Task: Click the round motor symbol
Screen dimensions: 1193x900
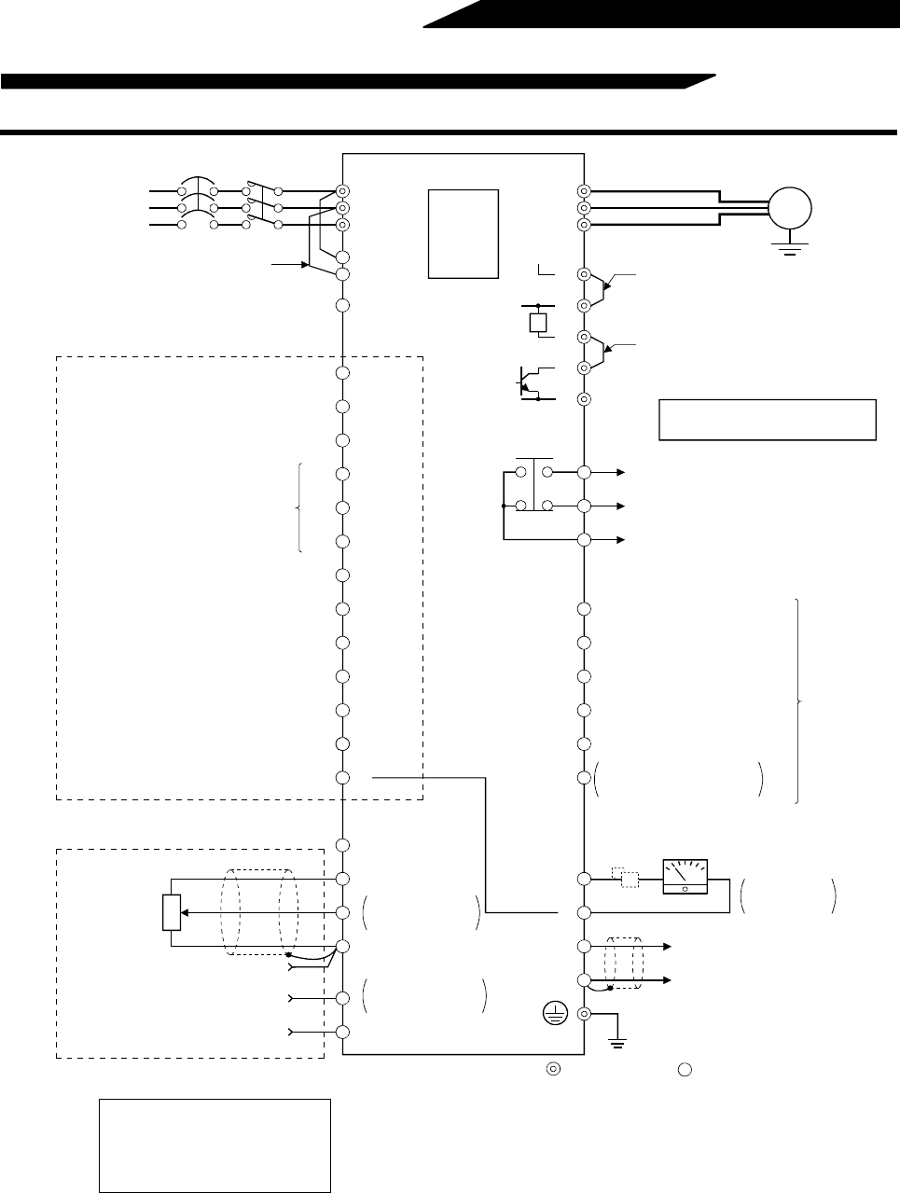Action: pyautogui.click(x=789, y=207)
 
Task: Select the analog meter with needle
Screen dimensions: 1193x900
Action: pyautogui.click(x=685, y=876)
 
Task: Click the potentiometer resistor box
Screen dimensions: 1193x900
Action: pyautogui.click(x=171, y=911)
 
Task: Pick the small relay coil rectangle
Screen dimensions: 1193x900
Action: pyautogui.click(x=538, y=322)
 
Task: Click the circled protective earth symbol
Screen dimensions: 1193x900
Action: pyautogui.click(x=556, y=1015)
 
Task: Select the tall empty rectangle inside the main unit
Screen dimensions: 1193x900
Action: pyautogui.click(x=464, y=233)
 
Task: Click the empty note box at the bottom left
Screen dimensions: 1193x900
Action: pyautogui.click(x=215, y=1145)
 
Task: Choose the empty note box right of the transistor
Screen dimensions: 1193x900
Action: pyautogui.click(x=767, y=419)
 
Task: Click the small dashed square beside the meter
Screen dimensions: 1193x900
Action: pyautogui.click(x=629, y=879)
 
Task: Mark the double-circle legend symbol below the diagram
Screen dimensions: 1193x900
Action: pyautogui.click(x=553, y=1069)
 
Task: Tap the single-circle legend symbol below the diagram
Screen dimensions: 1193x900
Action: pyautogui.click(x=684, y=1069)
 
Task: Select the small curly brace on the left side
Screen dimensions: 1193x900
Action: pyautogui.click(x=299, y=507)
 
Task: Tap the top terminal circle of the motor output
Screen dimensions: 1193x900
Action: pyautogui.click(x=584, y=190)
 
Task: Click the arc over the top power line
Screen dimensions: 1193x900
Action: pyautogui.click(x=197, y=182)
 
